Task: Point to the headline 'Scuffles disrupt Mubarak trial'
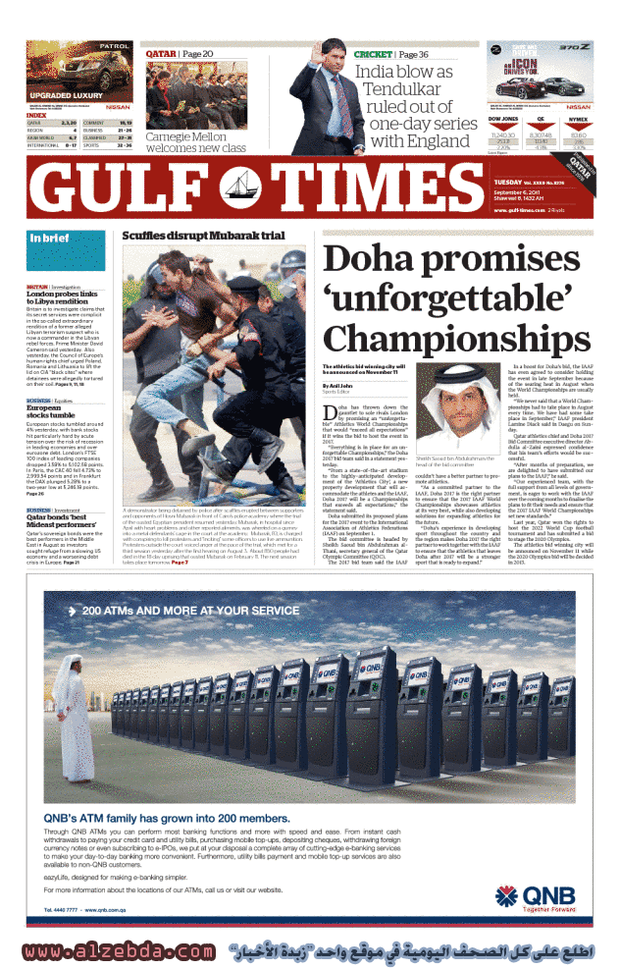202,237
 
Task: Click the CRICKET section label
373,54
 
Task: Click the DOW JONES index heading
503,119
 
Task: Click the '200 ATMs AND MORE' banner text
182,611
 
